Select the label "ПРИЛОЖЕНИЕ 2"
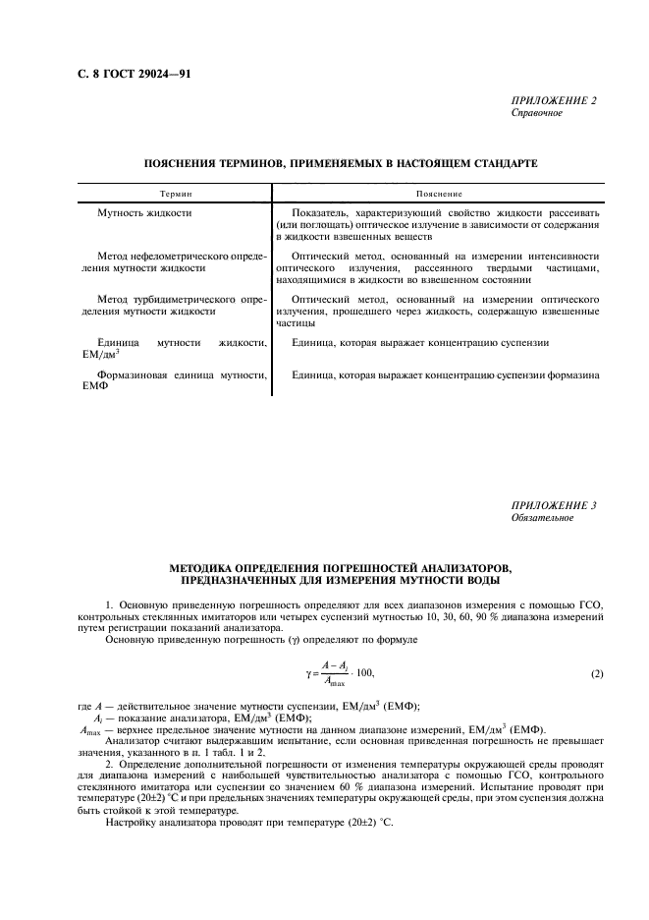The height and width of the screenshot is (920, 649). (553, 100)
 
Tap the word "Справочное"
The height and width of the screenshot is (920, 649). (536, 112)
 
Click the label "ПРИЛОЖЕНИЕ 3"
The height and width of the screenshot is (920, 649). (553, 505)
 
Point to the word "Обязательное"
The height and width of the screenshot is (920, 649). (542, 517)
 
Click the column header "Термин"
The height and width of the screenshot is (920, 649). (176, 196)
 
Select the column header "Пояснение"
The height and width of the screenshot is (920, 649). (439, 196)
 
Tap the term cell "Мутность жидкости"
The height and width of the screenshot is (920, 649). (144, 213)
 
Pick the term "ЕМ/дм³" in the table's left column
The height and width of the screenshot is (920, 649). (102, 355)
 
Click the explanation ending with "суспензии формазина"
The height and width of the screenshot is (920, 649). (445, 374)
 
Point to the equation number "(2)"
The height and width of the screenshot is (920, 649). (597, 672)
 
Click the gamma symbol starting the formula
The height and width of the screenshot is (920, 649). (307, 672)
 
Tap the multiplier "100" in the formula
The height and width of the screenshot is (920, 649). (362, 672)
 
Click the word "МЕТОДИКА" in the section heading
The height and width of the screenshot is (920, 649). (204, 569)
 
